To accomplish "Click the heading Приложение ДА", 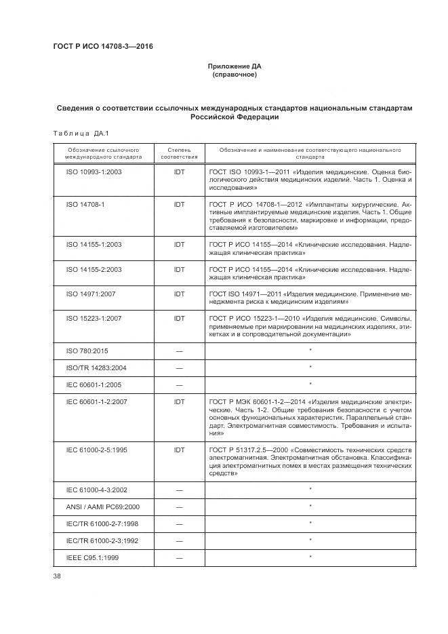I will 234,66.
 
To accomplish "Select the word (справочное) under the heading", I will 234,75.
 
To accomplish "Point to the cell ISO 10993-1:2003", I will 94,172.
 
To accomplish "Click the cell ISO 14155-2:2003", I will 94,269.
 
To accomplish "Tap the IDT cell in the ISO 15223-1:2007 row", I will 180,319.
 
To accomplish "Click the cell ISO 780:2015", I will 88,351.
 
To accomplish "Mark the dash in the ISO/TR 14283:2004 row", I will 180,368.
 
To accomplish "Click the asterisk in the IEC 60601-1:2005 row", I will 310,384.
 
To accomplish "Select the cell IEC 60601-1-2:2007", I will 96,402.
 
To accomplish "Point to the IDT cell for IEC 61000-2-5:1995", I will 180,450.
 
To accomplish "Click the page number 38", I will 57,576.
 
